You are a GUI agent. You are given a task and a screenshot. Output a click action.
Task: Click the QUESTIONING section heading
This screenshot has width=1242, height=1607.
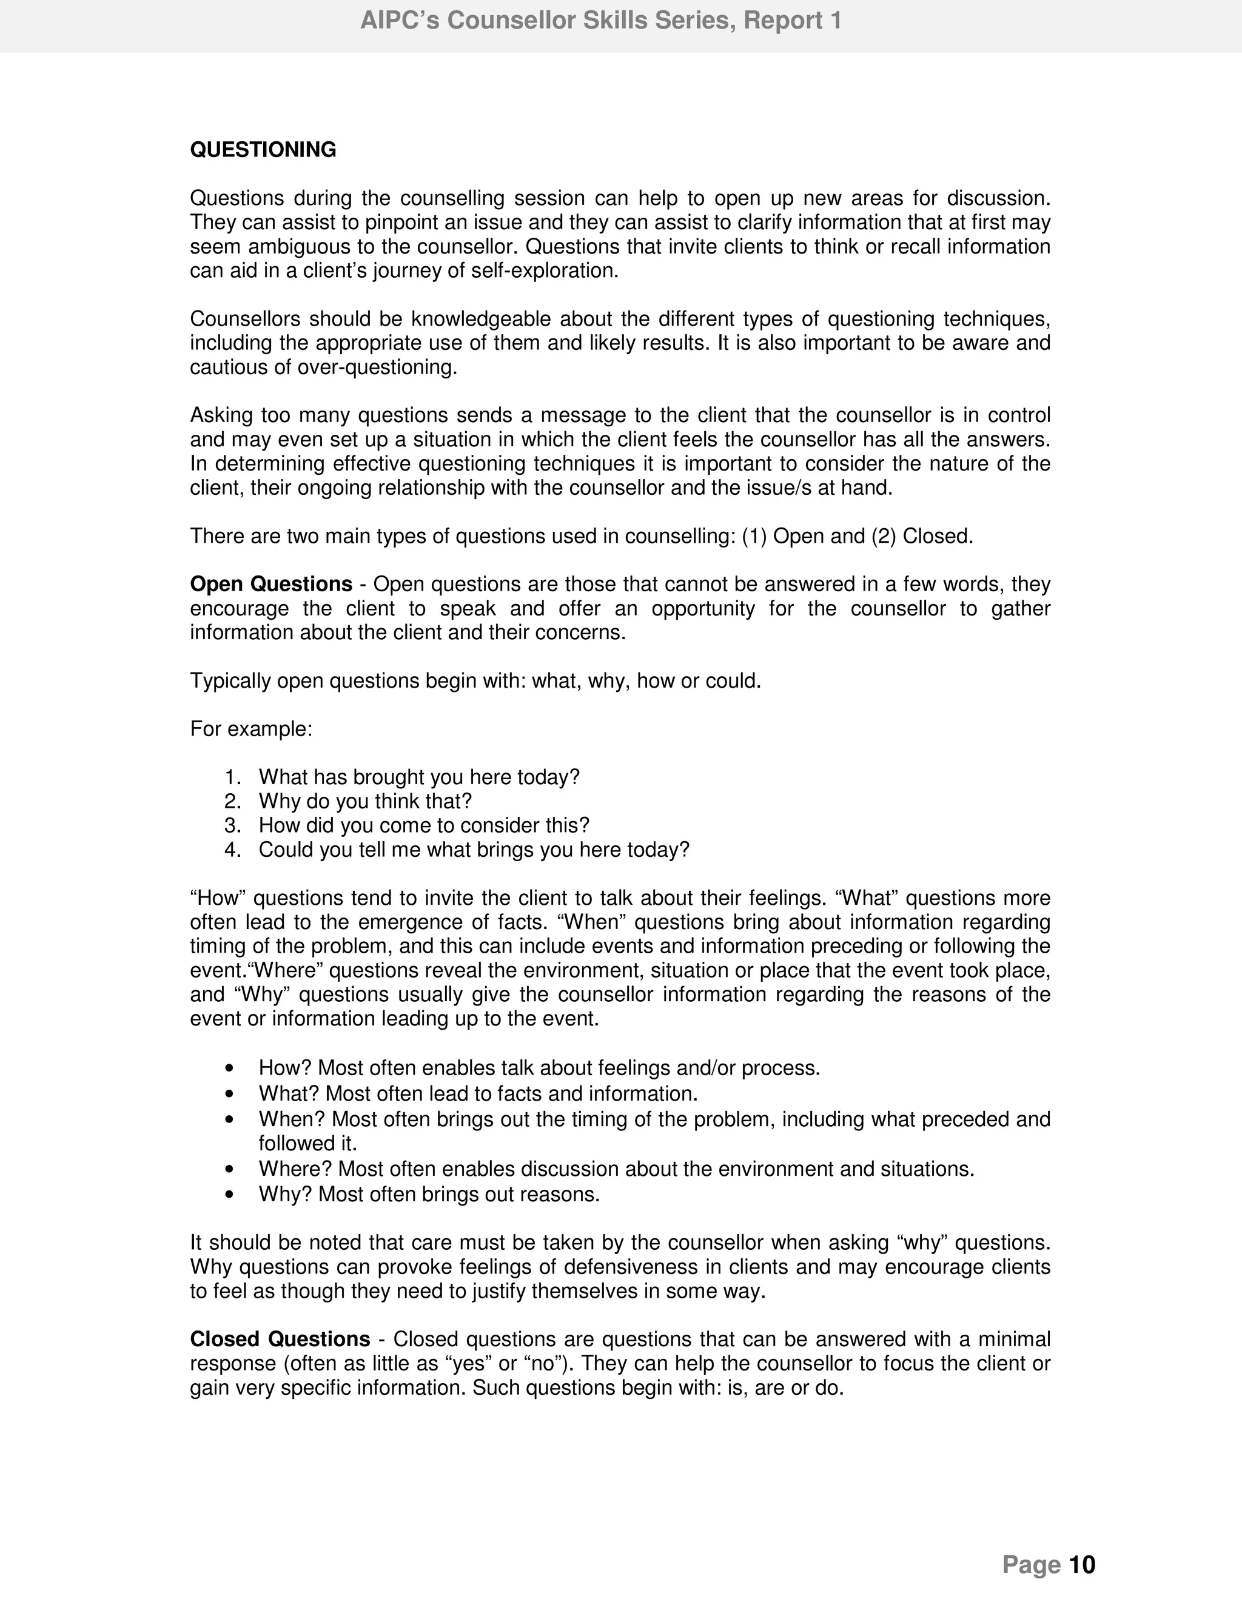[263, 150]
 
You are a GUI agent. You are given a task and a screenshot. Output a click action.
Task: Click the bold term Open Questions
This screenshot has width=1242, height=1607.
[270, 584]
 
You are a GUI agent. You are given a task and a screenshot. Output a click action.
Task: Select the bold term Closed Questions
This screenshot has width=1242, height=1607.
[280, 1339]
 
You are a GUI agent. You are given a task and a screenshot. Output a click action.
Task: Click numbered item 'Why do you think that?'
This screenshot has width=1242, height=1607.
[365, 801]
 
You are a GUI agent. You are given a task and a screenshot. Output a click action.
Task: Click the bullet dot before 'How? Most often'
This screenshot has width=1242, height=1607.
[231, 1069]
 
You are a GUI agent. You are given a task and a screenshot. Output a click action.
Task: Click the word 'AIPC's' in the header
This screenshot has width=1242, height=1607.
[400, 21]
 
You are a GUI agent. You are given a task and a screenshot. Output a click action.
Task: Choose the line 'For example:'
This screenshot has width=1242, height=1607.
[252, 729]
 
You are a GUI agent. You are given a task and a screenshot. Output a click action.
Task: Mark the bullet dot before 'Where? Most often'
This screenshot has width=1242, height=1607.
[231, 1169]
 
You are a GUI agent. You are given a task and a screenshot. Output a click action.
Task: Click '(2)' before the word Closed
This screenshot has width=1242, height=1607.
[884, 537]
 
